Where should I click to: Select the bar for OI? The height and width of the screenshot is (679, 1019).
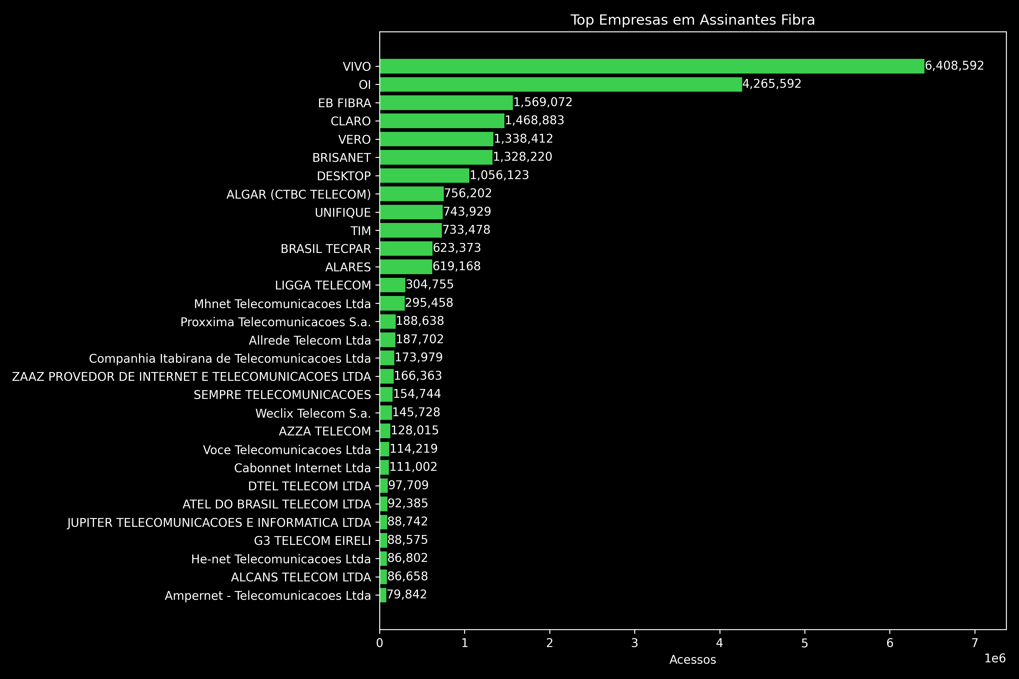coord(561,84)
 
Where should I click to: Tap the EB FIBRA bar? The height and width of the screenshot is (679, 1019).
coord(446,103)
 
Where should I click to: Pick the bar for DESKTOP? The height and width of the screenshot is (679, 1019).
coord(425,176)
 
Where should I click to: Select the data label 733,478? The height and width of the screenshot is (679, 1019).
coord(466,230)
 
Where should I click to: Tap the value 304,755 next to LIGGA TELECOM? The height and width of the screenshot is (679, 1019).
coord(429,285)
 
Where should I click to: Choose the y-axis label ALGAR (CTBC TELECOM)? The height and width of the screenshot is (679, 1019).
coord(299,194)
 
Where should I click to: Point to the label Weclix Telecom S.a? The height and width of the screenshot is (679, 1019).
coord(313,414)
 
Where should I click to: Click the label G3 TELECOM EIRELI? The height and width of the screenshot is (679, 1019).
coord(312,541)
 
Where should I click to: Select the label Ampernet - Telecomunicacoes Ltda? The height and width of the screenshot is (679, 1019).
coord(268,596)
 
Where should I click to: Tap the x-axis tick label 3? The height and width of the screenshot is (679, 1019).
coord(635,643)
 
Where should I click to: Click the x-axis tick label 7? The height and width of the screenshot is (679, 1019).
coord(975,643)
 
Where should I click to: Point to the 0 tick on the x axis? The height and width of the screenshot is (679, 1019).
coord(380,643)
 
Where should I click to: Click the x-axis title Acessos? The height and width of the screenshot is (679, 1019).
coord(692,660)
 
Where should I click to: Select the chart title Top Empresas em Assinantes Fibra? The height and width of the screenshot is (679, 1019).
coord(692,20)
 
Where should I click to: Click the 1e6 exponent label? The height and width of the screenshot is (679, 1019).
coord(995,658)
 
